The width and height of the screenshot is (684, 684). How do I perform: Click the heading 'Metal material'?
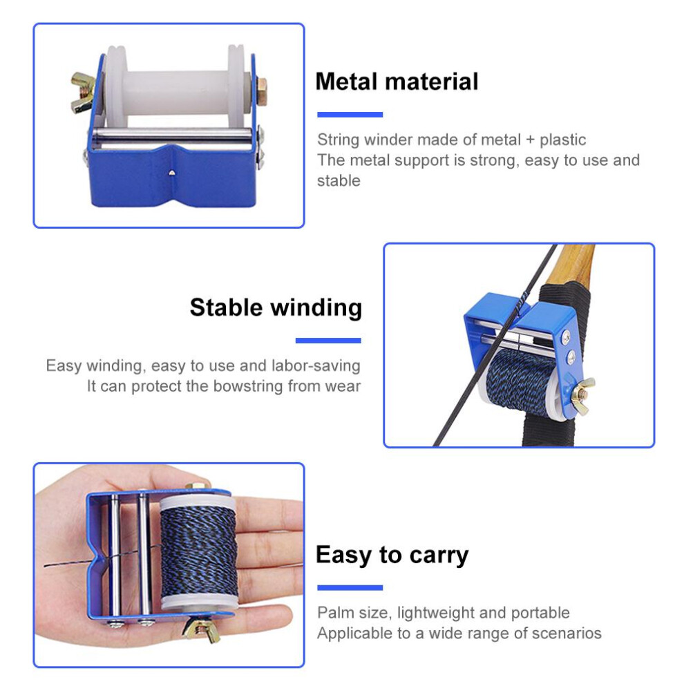pyautogui.click(x=397, y=82)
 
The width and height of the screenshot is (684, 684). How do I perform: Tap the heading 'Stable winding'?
pyautogui.click(x=276, y=307)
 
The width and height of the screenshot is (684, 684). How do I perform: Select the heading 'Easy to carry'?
pyautogui.click(x=392, y=555)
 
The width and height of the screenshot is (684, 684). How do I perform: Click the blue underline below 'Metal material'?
pyautogui.click(x=350, y=115)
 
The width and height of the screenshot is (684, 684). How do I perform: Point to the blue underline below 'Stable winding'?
pyautogui.click(x=328, y=341)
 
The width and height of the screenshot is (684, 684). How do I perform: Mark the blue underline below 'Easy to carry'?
pyautogui.click(x=350, y=587)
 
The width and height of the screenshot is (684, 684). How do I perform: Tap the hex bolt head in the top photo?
pyautogui.click(x=262, y=91)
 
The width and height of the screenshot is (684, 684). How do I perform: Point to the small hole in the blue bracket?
pyautogui.click(x=172, y=173)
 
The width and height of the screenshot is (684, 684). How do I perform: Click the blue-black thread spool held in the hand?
pyautogui.click(x=199, y=552)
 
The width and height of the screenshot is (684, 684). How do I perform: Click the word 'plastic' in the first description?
pyautogui.click(x=562, y=140)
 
